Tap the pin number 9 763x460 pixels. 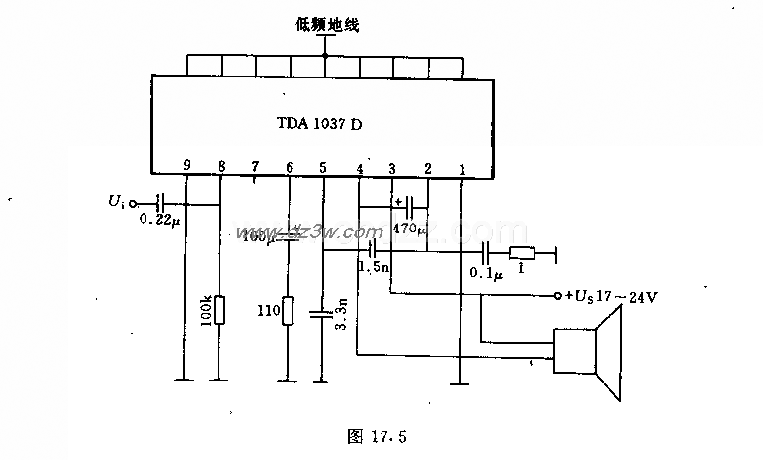pos(186,166)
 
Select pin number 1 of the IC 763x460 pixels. pos(460,167)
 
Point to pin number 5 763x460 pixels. pos(322,167)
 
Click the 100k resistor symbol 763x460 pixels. pos(219,310)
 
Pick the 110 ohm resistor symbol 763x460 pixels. pos(288,311)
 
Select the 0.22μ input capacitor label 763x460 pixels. pos(160,219)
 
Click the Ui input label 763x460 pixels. pos(117,203)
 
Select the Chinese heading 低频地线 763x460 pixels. pos(325,25)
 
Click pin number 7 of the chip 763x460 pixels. pos(254,167)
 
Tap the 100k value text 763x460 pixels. pos(204,311)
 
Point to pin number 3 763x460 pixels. pos(392,167)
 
